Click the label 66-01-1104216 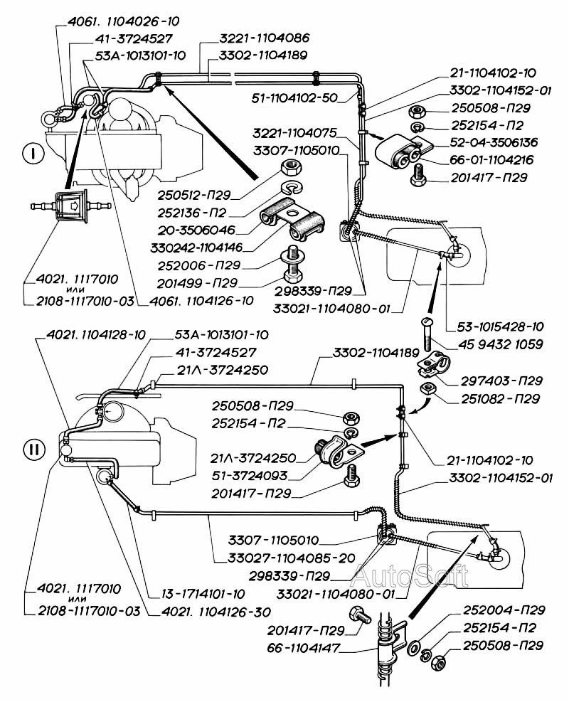tap(491, 160)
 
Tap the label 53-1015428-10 tap(496, 326)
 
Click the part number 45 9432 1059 tap(496, 345)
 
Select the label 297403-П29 tap(501, 381)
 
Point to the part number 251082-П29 tap(501, 399)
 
